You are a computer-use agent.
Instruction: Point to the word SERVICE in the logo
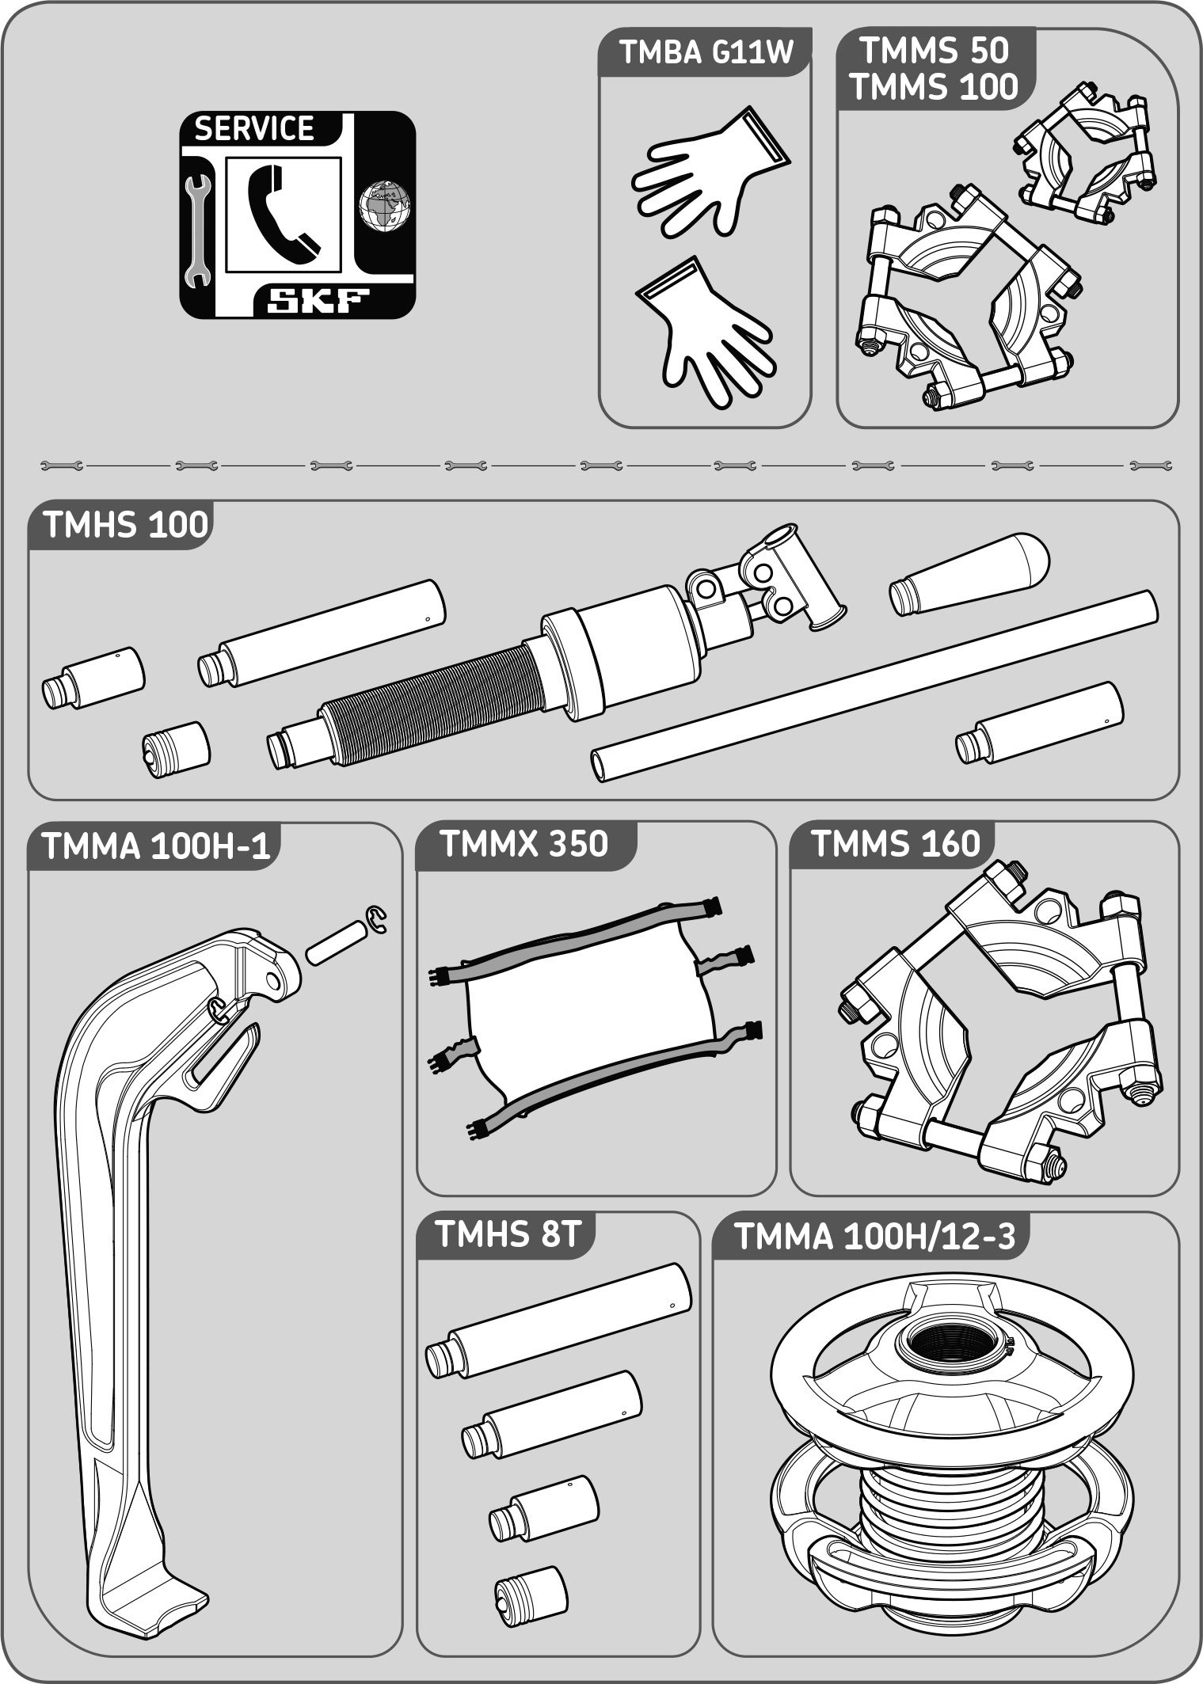pos(254,128)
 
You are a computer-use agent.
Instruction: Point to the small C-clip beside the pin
pos(378,920)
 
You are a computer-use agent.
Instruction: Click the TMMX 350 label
pos(523,844)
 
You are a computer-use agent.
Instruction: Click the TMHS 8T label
pos(509,1235)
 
